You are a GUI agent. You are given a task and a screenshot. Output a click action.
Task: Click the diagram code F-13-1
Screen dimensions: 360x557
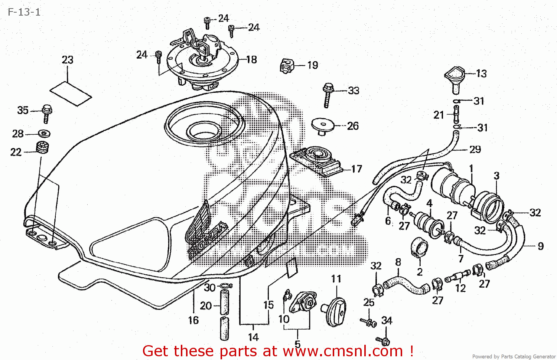24,12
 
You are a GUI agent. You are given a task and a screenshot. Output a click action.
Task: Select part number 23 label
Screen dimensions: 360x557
67,60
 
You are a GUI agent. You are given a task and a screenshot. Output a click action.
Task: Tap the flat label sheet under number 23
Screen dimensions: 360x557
71,94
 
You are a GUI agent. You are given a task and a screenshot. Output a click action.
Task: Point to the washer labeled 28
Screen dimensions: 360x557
44,133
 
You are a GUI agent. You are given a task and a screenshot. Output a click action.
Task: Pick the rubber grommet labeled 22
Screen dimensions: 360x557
43,147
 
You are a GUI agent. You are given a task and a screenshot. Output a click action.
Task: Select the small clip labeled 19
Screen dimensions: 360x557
286,66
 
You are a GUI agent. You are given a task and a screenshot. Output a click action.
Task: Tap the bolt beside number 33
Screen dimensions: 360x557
328,94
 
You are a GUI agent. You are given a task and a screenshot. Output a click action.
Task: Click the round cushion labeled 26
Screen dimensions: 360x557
322,125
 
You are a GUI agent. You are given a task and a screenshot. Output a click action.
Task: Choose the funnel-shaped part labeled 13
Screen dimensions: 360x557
455,78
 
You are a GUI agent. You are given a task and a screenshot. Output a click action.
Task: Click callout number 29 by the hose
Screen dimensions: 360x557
475,149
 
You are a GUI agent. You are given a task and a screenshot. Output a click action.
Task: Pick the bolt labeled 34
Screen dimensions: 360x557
383,340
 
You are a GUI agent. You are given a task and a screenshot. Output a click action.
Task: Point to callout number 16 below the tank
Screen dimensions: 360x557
193,320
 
